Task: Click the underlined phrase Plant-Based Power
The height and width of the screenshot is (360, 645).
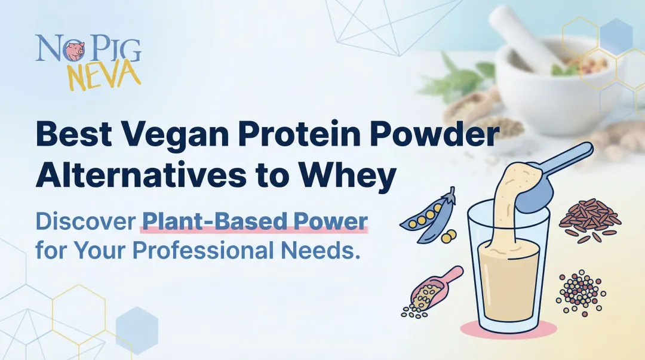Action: tap(254, 221)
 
